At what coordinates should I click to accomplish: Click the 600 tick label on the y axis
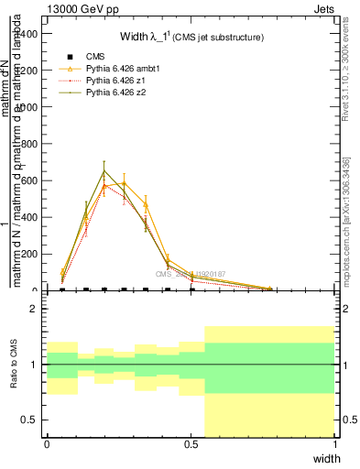[30, 180]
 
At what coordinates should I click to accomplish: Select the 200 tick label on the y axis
[30, 254]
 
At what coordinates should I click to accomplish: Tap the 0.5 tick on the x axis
[191, 443]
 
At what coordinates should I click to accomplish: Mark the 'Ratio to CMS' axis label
[14, 365]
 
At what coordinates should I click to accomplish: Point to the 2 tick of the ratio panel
[33, 310]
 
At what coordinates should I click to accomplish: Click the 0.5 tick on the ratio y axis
[28, 420]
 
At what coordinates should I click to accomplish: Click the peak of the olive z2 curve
[104, 170]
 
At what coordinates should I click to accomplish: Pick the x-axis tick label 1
[334, 443]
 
